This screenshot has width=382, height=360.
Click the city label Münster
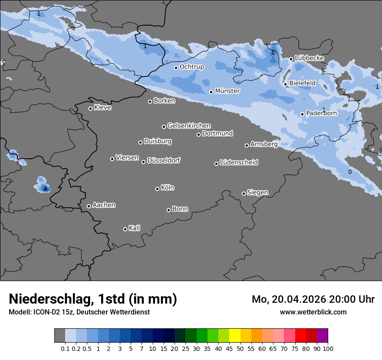click(x=227, y=91)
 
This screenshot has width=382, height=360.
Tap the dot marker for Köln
click(x=157, y=189)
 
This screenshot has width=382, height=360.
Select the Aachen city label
click(x=104, y=205)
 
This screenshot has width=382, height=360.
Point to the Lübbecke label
click(x=309, y=58)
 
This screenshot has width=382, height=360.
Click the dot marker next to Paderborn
click(x=303, y=114)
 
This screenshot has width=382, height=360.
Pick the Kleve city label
click(x=102, y=108)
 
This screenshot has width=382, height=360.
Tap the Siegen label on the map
click(x=257, y=193)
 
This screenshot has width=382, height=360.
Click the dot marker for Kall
click(x=125, y=229)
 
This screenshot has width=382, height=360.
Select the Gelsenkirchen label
click(x=189, y=126)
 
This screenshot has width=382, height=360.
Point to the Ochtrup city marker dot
click(x=176, y=67)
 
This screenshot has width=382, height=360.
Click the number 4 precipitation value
click(x=45, y=189)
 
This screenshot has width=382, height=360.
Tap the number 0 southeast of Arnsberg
click(x=350, y=172)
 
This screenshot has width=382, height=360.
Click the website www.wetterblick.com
click(x=313, y=312)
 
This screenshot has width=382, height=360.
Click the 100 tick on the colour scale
click(x=328, y=349)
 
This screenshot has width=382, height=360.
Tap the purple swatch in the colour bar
click(x=322, y=336)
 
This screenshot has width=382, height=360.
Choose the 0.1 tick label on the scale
click(x=65, y=349)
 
